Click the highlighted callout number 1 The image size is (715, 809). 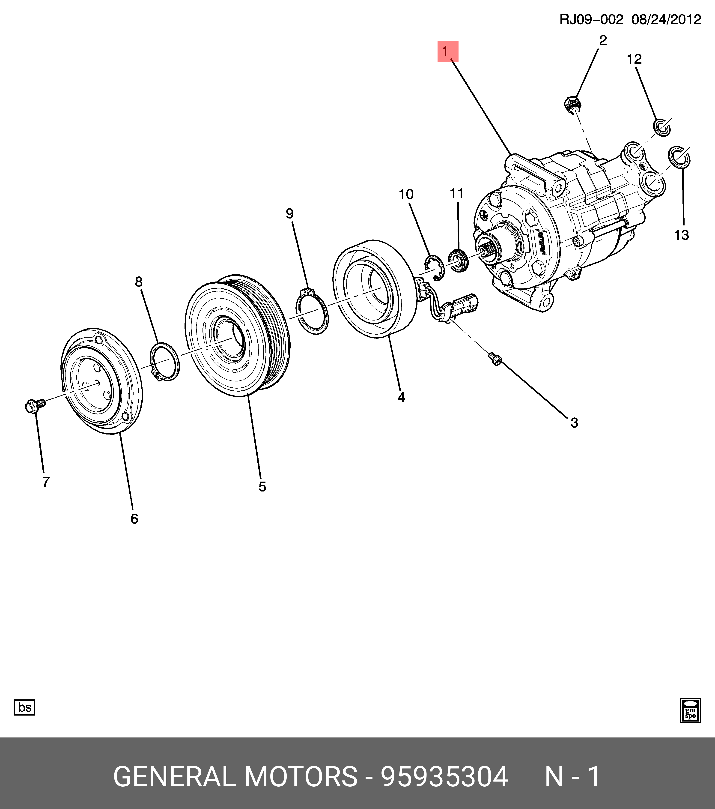click(447, 51)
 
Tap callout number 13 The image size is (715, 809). click(681, 235)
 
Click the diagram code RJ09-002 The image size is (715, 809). click(591, 19)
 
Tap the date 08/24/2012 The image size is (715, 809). click(666, 19)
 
